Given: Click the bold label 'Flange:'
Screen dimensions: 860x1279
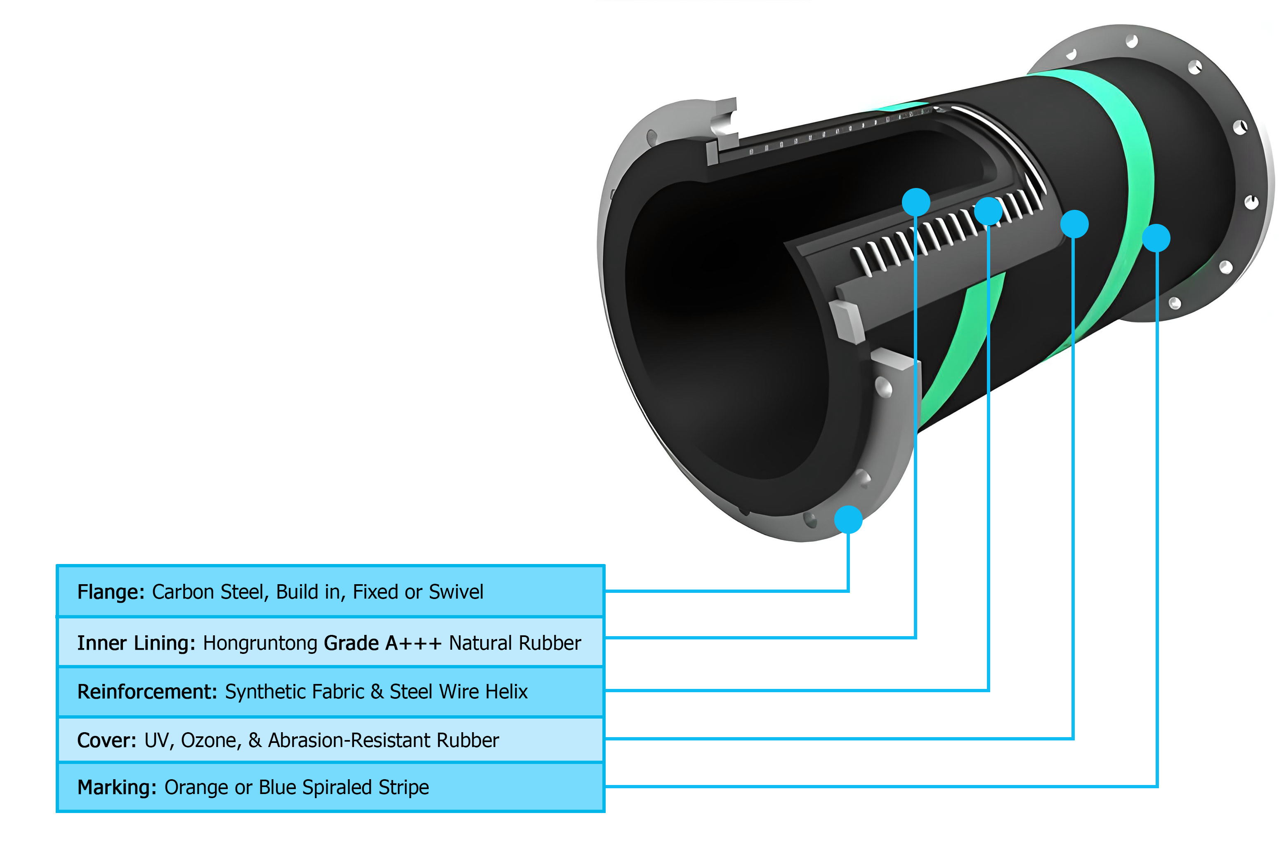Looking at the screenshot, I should pos(110,592).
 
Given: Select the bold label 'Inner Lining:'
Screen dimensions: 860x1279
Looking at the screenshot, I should pos(136,643).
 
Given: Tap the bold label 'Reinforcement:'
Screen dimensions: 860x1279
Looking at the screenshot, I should pos(147,692).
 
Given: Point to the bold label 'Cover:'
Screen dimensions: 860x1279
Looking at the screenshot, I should pos(106,740).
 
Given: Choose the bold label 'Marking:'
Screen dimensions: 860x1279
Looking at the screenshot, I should pos(117,787).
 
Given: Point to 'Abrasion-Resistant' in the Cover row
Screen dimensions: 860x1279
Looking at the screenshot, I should pos(349,740).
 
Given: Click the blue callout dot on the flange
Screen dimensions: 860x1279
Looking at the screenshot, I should pos(848,519).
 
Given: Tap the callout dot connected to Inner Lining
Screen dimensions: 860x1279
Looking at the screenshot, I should pos(916,202).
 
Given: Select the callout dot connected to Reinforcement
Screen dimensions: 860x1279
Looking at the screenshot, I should pos(988,211).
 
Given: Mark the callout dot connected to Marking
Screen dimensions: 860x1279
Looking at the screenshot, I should pos(1156,238).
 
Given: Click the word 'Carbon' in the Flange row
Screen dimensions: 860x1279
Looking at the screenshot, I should pos(183,592).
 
